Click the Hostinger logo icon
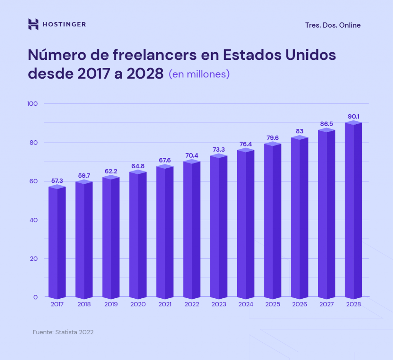(33, 25)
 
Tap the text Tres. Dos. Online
(333, 25)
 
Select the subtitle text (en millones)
(199, 74)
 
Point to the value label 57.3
(57, 181)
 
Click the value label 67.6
(165, 160)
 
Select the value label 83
(300, 132)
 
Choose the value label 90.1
(353, 117)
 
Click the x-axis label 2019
(111, 304)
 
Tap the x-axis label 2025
(272, 304)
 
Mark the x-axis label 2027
(327, 304)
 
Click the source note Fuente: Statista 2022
(63, 332)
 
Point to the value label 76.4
(246, 144)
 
